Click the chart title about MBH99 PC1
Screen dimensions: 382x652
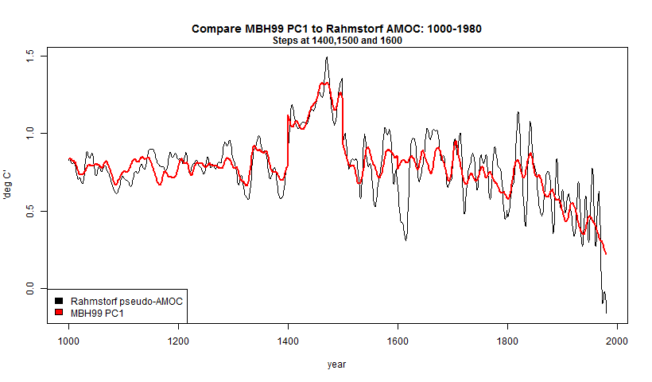336,29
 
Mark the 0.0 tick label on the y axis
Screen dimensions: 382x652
32,289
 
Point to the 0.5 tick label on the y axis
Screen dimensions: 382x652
32,211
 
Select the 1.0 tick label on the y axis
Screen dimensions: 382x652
32,133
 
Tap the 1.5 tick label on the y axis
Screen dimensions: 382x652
32,55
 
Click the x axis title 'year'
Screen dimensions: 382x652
336,364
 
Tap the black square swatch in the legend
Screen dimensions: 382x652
60,302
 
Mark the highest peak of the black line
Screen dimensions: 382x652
326,57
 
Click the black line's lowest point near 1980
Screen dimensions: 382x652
605,313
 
